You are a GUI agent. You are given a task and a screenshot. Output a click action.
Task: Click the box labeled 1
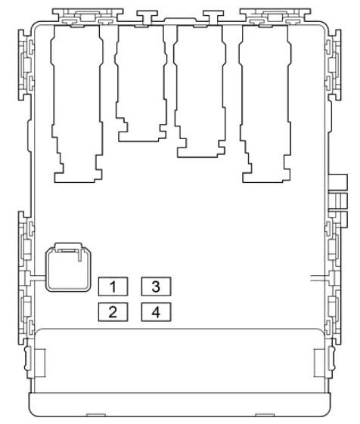[x=113, y=286]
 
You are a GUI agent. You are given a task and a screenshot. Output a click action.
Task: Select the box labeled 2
[x=113, y=312]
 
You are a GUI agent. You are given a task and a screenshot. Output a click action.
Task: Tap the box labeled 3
[x=156, y=286]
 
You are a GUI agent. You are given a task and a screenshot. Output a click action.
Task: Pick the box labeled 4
[x=156, y=312]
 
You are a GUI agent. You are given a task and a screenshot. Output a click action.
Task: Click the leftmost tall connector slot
[x=77, y=104]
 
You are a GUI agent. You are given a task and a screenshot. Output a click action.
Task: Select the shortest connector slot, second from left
[x=141, y=84]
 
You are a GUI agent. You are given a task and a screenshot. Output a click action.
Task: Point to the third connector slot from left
[x=200, y=91]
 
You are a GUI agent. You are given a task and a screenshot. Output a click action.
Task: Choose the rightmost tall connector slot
[x=265, y=104]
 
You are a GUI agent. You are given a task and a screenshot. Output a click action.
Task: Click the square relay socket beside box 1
[x=68, y=267]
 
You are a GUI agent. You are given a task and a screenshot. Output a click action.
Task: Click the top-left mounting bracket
[x=88, y=17]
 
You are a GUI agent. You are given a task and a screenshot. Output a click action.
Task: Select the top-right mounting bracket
[x=275, y=17]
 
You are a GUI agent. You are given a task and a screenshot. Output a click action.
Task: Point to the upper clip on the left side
[x=26, y=65]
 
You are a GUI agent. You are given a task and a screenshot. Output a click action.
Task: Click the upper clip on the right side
[x=334, y=65]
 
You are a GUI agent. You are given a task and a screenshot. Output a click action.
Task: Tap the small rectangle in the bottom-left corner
[x=40, y=363]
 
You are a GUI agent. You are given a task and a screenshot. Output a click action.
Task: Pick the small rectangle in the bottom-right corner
[x=319, y=363]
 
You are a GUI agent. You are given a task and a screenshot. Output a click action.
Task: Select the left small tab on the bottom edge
[x=96, y=415]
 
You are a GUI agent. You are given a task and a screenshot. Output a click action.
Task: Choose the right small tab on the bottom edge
[x=265, y=415]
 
